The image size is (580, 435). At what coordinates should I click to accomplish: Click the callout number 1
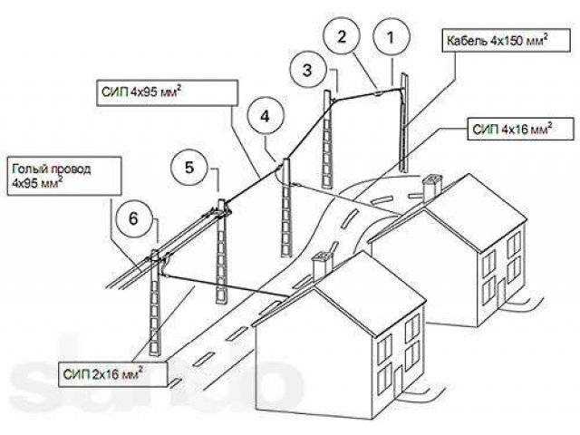point(391,38)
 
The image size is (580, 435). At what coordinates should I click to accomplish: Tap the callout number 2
point(342,36)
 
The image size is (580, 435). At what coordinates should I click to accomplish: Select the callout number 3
point(308,68)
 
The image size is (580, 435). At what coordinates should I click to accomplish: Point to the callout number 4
point(264,116)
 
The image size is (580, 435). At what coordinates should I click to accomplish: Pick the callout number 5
point(189,167)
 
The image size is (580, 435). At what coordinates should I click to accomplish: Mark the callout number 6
point(134,217)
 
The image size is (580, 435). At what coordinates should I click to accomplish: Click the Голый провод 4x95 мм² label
point(63,175)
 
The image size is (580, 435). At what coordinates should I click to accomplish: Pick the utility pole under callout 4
point(286,208)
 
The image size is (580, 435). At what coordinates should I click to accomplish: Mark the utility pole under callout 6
point(159,308)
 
